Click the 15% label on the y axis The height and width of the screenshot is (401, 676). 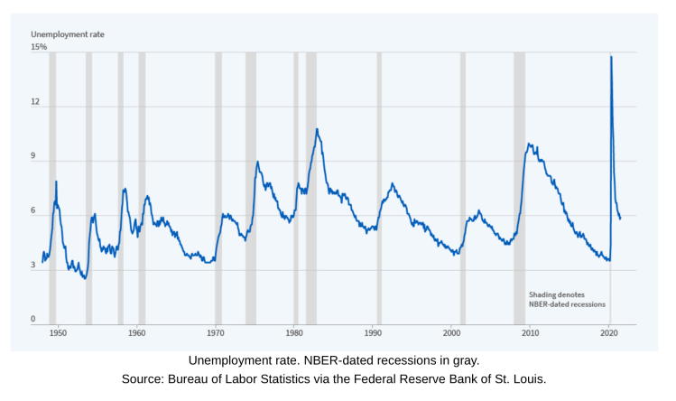tap(39, 47)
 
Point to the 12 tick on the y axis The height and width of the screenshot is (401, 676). tap(36, 102)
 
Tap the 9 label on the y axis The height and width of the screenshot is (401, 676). tap(34, 156)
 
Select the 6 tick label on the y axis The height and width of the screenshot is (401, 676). tap(34, 210)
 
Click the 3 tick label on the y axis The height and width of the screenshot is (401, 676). tap(34, 266)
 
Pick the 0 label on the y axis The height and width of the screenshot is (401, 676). tap(34, 319)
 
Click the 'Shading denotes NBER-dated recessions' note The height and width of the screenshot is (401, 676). tap(567, 300)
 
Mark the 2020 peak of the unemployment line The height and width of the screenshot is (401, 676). tap(611, 57)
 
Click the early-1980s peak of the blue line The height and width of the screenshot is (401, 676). tap(317, 129)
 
